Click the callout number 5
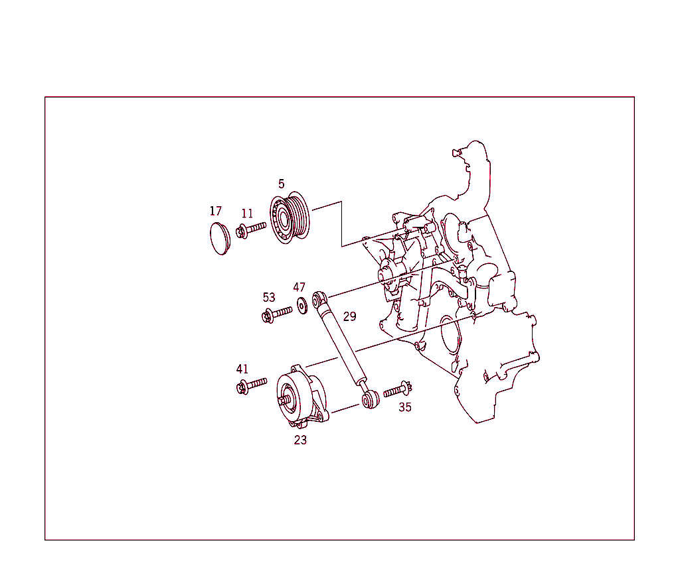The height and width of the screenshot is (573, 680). [282, 184]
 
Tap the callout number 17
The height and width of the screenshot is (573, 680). [216, 211]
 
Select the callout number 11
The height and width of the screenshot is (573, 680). [247, 214]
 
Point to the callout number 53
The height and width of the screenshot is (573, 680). [269, 297]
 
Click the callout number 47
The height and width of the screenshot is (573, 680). [299, 287]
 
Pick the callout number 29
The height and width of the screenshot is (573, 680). [349, 316]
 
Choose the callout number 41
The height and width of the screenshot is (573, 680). [242, 369]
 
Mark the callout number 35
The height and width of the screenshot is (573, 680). [405, 407]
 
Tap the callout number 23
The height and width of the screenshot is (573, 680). [301, 440]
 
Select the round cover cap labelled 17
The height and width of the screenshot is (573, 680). [218, 239]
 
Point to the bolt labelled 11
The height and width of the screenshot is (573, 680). [251, 229]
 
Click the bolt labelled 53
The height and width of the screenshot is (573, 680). [277, 313]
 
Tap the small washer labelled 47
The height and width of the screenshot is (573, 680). [302, 305]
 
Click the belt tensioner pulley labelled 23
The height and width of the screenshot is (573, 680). [296, 397]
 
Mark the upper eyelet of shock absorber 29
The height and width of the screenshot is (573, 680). [319, 297]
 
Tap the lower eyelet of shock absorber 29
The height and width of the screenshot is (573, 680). [371, 399]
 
